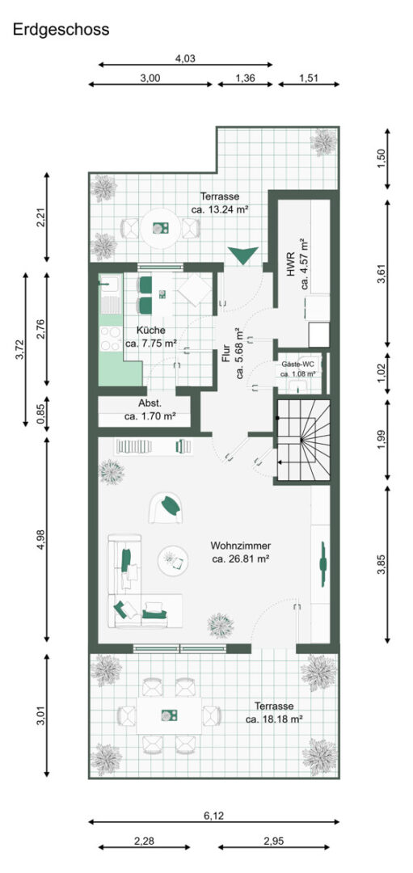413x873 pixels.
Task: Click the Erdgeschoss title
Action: coord(61,30)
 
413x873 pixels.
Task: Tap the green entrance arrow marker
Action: coord(242,255)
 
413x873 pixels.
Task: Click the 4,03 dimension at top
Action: coord(185,58)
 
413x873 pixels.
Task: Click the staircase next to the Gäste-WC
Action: coord(303,440)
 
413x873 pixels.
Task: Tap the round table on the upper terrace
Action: coord(160,228)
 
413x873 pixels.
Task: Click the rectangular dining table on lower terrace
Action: coord(169,715)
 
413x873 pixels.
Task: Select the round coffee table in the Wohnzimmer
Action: coord(173,561)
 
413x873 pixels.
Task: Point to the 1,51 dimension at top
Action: coord(309,78)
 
